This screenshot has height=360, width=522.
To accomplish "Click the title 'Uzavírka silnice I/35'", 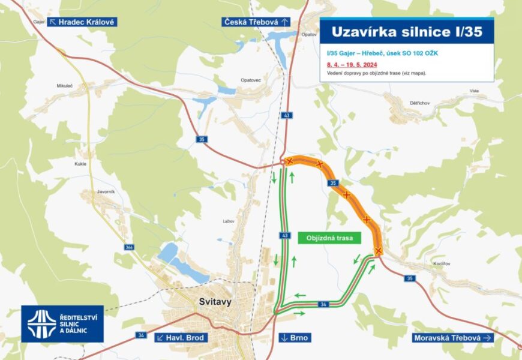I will (x=406, y=32).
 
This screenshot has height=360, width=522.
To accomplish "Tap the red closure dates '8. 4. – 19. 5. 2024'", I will (x=352, y=64).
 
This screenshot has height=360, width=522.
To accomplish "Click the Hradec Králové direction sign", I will (x=82, y=22).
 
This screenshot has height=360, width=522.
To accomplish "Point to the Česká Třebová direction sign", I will (x=256, y=22).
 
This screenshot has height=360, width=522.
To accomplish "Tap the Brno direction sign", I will (x=295, y=338).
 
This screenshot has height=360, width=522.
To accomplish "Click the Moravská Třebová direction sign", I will (x=453, y=338).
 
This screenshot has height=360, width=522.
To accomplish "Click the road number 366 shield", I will (x=130, y=247).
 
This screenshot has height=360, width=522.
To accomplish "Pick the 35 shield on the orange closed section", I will (x=333, y=182).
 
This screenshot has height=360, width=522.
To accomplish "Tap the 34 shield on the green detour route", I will (x=323, y=305).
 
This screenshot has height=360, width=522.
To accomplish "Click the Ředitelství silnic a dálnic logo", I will (x=62, y=323).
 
